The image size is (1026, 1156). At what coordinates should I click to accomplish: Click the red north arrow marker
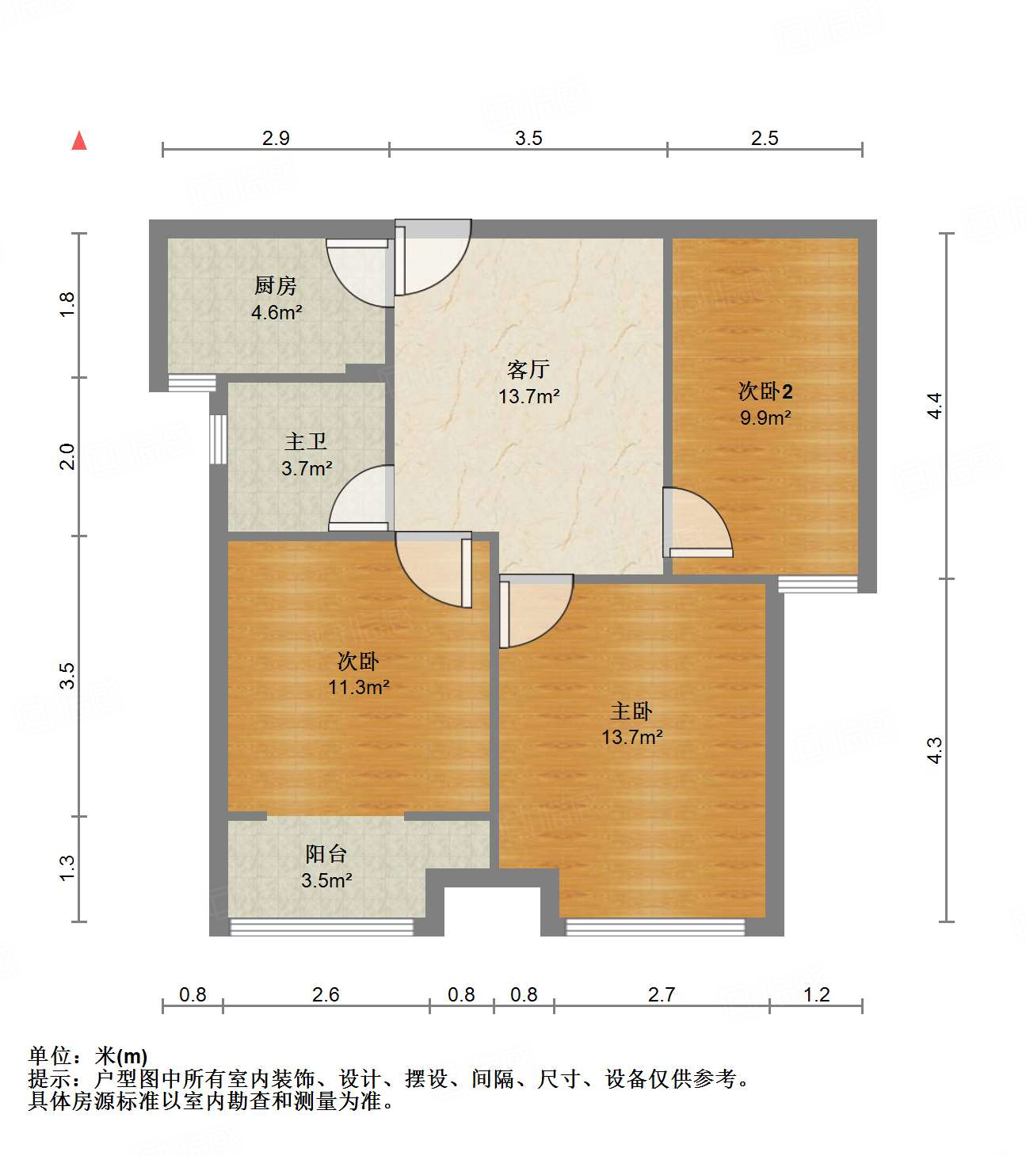pyautogui.click(x=79, y=141)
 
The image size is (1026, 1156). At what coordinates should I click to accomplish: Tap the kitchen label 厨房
pyautogui.click(x=276, y=285)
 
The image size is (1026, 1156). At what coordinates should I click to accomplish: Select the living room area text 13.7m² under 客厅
pyautogui.click(x=528, y=396)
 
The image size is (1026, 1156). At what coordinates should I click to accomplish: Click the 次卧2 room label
pyautogui.click(x=765, y=391)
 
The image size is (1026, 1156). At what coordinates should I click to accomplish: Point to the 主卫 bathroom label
pyautogui.click(x=306, y=441)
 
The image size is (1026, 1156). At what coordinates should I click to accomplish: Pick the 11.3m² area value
pyautogui.click(x=358, y=687)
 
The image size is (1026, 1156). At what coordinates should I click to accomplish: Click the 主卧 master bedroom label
pyautogui.click(x=631, y=711)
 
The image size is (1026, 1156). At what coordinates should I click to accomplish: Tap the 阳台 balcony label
pyautogui.click(x=326, y=853)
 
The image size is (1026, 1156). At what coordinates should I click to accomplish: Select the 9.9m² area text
pyautogui.click(x=765, y=418)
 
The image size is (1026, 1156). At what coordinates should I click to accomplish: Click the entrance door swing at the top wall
pyautogui.click(x=432, y=258)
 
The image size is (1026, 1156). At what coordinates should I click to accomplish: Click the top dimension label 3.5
pyautogui.click(x=528, y=138)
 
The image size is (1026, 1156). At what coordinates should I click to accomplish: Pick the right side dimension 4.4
pyautogui.click(x=935, y=406)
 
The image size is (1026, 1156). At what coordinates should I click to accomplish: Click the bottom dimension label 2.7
pyautogui.click(x=661, y=994)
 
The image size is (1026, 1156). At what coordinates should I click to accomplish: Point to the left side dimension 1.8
pyautogui.click(x=67, y=305)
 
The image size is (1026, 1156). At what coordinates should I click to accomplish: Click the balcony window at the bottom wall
pyautogui.click(x=322, y=927)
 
